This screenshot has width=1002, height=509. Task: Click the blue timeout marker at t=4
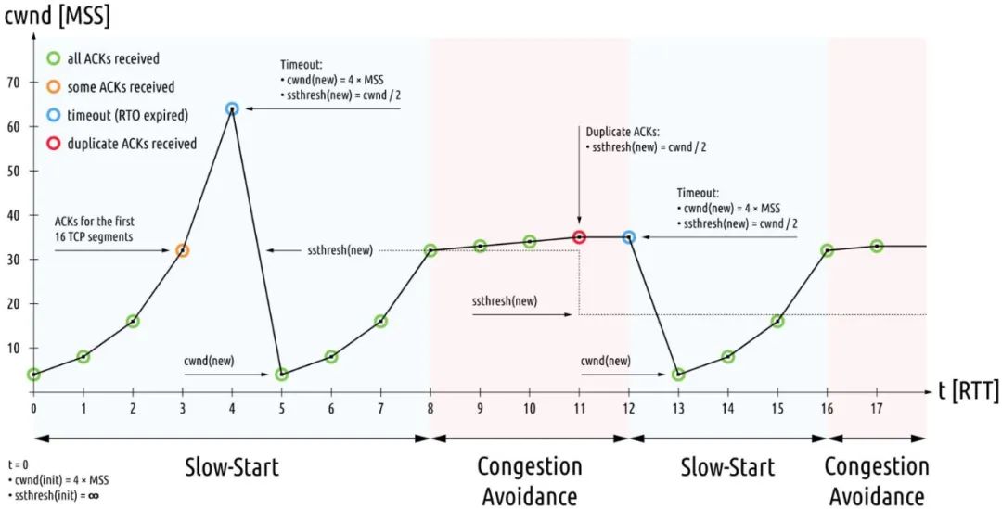coord(232,108)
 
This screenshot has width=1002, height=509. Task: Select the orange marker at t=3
coord(182,250)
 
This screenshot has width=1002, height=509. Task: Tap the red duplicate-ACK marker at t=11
coord(580,237)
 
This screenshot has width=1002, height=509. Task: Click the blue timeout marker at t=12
coord(629,237)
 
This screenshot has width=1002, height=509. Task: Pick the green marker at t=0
coord(33,375)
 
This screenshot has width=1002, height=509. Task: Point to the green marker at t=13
coord(678,375)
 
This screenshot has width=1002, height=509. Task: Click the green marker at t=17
coord(877,247)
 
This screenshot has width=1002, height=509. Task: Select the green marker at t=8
coord(430,250)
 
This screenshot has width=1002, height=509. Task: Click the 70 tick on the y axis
coord(13,83)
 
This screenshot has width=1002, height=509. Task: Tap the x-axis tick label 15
coord(777,408)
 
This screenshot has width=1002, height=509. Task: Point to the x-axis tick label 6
coord(331,408)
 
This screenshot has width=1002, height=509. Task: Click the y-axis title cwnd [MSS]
coord(53,15)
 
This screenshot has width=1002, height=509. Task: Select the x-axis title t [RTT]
coord(968,391)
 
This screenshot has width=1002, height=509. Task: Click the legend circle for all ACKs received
coord(53,58)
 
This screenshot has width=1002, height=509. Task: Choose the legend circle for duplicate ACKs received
coord(53,144)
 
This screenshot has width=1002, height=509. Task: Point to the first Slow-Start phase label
coord(232,465)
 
